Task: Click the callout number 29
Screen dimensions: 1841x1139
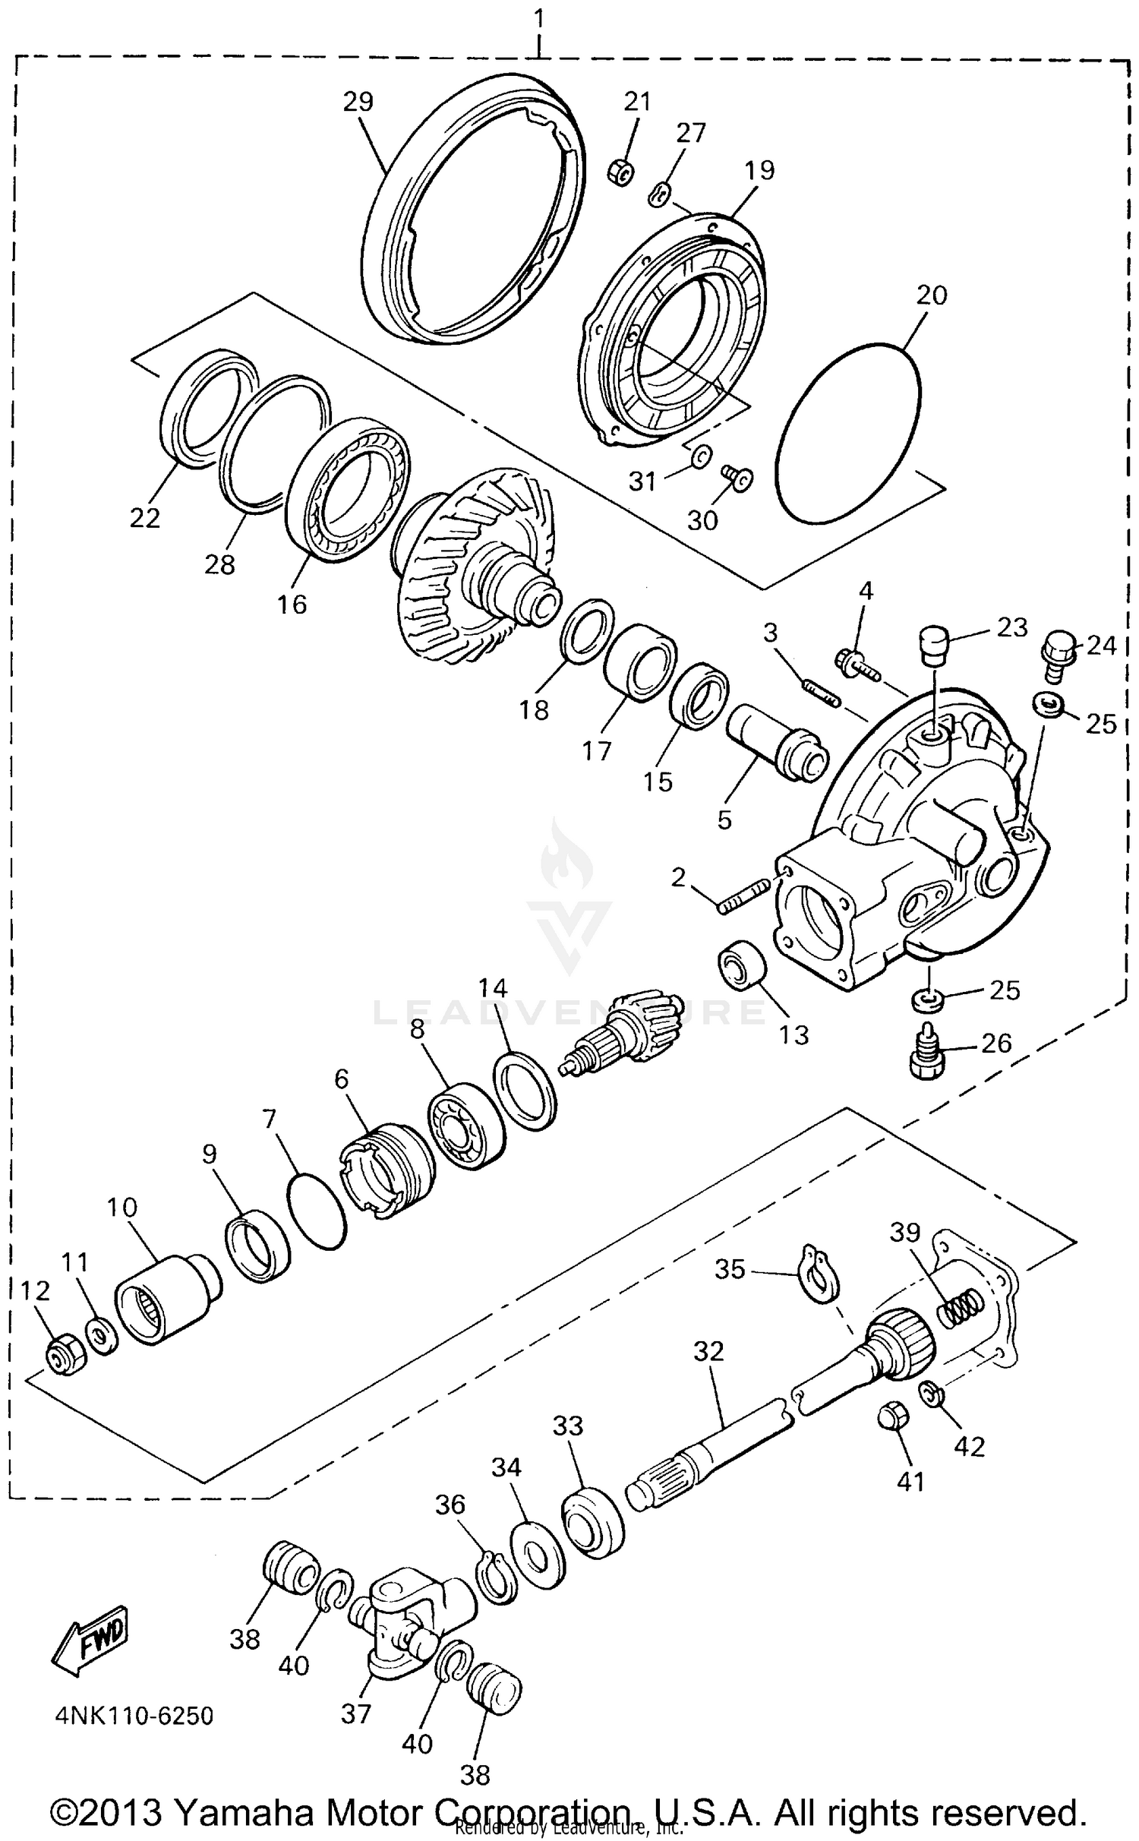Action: (x=358, y=102)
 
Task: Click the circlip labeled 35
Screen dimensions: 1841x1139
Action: (x=818, y=1271)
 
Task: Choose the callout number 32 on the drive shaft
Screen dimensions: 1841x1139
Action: (x=708, y=1351)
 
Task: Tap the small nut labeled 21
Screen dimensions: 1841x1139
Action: (x=620, y=173)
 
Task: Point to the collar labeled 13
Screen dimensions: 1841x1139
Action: (x=742, y=964)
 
